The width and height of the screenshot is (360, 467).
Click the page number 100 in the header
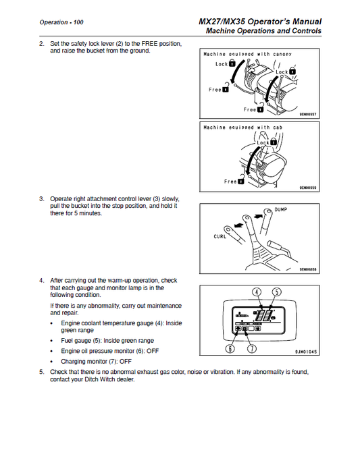point(78,22)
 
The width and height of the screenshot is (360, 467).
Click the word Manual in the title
point(307,22)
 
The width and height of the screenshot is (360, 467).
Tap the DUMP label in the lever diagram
point(281,209)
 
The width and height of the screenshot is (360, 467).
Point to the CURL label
point(220,236)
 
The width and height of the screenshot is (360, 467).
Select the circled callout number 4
point(257,292)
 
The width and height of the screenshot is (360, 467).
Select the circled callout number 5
point(277,292)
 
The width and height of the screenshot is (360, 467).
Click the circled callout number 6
point(230,348)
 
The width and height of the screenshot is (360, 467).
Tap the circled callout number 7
point(253,348)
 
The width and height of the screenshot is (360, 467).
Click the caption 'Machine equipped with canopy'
point(247,54)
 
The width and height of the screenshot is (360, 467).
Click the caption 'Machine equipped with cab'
point(242,128)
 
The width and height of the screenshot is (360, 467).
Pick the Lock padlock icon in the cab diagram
point(273,142)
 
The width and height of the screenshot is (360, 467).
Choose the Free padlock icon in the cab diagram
point(241,180)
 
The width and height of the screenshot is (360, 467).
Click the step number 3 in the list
point(42,198)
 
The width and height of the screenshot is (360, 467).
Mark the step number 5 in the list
point(42,372)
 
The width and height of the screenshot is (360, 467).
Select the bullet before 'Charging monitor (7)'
point(52,362)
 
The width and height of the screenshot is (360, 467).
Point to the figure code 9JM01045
point(306,352)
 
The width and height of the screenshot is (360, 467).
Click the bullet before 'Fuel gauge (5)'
point(52,341)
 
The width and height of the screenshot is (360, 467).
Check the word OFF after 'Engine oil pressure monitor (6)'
point(153,351)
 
